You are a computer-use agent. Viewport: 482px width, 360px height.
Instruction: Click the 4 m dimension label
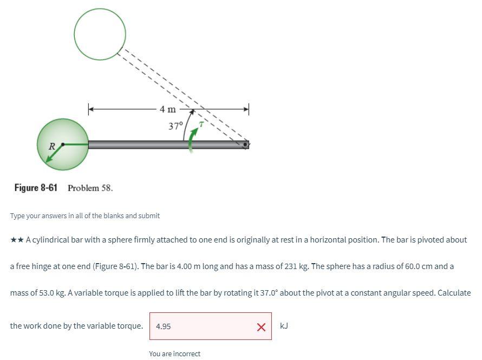pyautogui.click(x=168, y=109)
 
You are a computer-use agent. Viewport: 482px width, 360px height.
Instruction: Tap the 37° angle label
pyautogui.click(x=176, y=126)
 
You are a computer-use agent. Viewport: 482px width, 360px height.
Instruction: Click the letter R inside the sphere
pyautogui.click(x=52, y=146)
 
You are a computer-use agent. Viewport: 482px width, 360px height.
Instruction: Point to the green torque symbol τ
pyautogui.click(x=201, y=124)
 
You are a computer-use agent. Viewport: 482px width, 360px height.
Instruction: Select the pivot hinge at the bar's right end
pyautogui.click(x=246, y=145)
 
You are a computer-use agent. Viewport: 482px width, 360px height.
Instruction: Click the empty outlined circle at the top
pyautogui.click(x=100, y=34)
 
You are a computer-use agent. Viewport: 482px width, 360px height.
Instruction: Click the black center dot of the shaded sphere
pyautogui.click(x=63, y=145)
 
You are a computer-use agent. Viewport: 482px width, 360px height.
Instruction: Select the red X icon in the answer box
pyautogui.click(x=261, y=326)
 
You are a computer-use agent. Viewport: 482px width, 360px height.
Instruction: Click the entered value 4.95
pyautogui.click(x=163, y=326)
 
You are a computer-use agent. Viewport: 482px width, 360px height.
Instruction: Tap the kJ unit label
pyautogui.click(x=284, y=326)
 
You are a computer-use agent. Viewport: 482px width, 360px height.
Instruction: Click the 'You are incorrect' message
pyautogui.click(x=174, y=354)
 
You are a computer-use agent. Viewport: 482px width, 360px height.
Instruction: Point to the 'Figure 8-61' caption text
pyautogui.click(x=36, y=188)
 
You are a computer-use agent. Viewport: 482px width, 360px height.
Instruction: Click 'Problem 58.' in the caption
pyautogui.click(x=90, y=188)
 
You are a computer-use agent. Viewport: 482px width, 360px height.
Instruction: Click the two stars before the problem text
pyautogui.click(x=17, y=240)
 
